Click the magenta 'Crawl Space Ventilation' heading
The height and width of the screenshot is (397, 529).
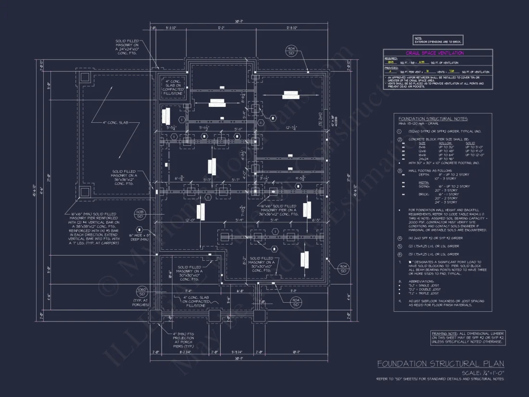pos(435,53)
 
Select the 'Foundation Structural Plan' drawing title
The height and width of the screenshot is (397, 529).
pos(441,364)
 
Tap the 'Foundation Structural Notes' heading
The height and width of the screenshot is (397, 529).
pos(433,119)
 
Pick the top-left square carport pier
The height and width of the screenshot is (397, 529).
pos(85,77)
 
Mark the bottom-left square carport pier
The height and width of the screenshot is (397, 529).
pos(85,192)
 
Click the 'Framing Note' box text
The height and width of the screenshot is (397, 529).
pos(468,338)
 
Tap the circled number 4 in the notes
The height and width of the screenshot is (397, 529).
pos(399,238)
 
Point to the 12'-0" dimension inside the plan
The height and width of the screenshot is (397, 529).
pos(176,220)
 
